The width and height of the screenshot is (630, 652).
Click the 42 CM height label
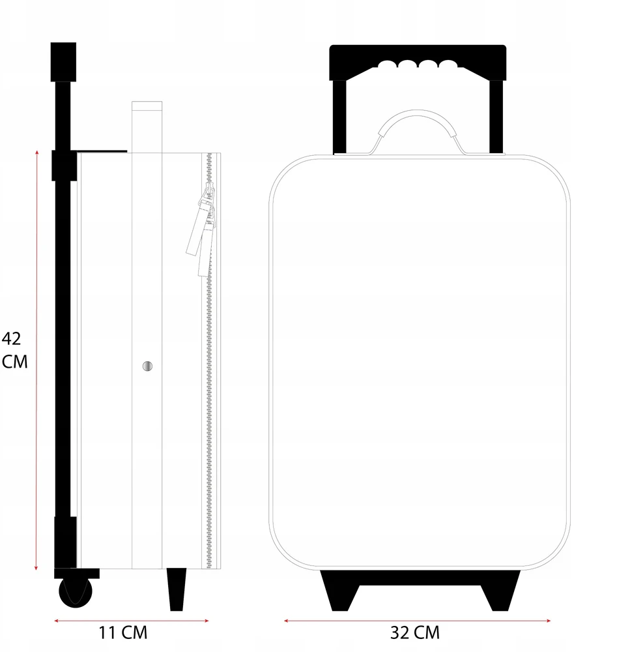pos(14,350)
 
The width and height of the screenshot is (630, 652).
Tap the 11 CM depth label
pos(123,632)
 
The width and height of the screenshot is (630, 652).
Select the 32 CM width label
pos(415,632)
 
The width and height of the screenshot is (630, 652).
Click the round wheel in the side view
pos(76,592)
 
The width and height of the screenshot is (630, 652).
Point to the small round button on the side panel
pos(147,366)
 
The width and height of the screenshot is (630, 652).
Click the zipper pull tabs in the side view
pos(202,230)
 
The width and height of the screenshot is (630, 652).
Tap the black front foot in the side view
pos(177,589)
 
